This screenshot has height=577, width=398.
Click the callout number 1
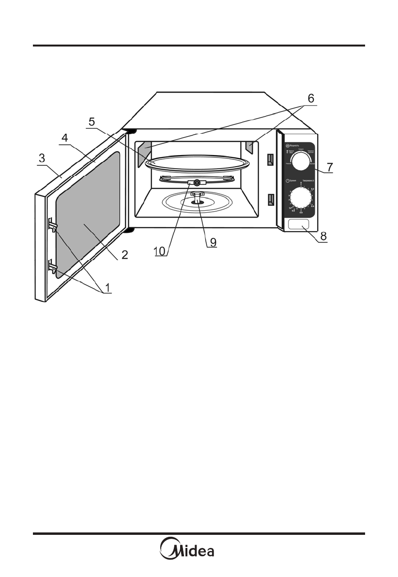[108, 287]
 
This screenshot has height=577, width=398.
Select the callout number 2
[124, 255]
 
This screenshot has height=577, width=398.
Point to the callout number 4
[65, 138]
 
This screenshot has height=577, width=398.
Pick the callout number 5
[92, 122]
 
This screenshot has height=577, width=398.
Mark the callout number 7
[329, 167]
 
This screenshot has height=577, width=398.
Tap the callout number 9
[211, 241]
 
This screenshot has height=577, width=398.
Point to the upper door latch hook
[52, 224]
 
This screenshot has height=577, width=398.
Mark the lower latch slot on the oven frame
[270, 199]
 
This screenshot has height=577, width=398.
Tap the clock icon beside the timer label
[288, 181]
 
